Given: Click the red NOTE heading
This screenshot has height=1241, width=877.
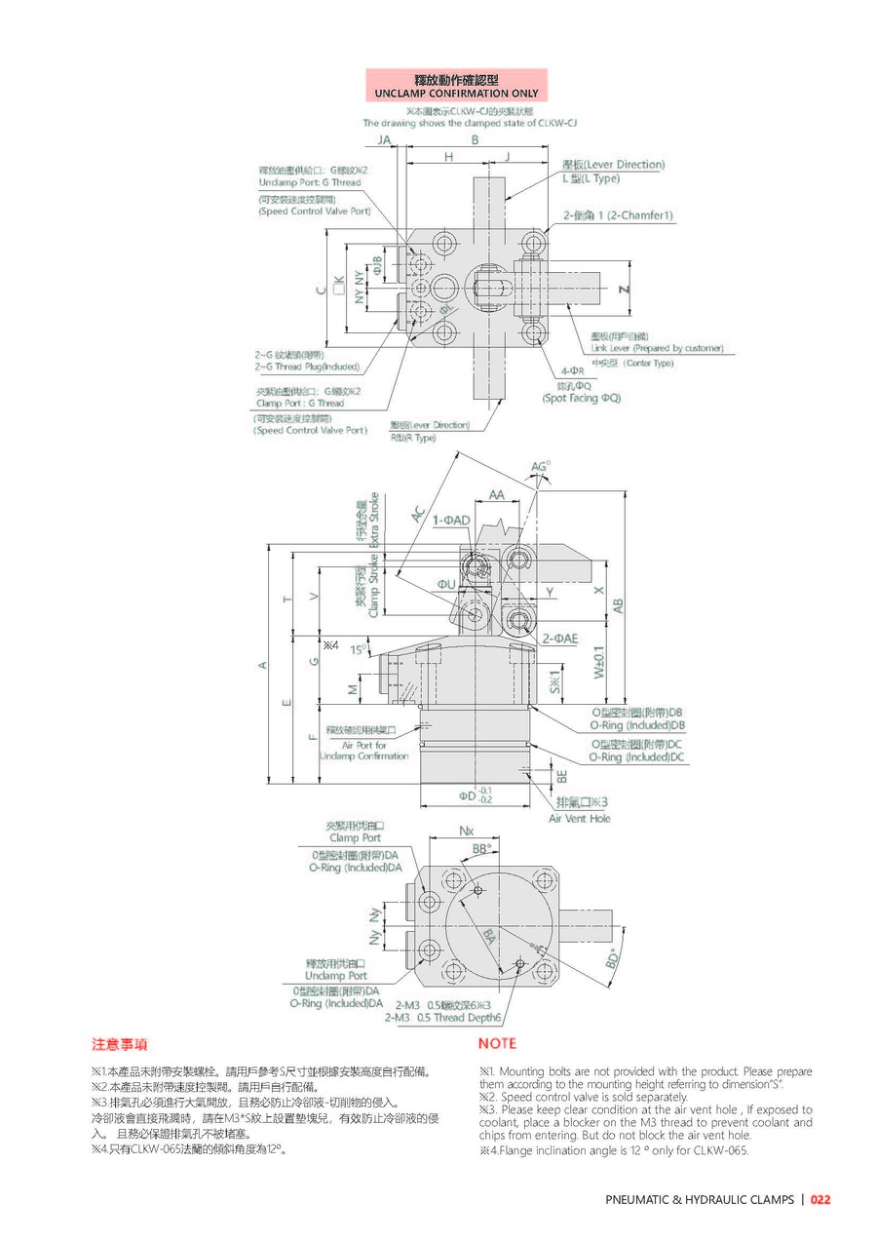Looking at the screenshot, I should (497, 1044).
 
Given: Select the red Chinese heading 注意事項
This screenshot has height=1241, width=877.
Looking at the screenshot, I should (120, 1044).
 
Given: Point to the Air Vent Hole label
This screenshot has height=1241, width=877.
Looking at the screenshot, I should (580, 819).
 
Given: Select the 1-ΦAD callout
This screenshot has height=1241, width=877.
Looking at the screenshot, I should (451, 521).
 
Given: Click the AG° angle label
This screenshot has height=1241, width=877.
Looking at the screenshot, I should (540, 468).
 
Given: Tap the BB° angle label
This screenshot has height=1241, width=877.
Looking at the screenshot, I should (481, 849).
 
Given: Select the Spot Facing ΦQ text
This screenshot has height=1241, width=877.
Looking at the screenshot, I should (582, 399).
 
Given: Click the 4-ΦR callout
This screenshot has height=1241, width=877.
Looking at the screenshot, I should (571, 371).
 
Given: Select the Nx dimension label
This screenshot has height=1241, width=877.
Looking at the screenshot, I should (466, 831).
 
